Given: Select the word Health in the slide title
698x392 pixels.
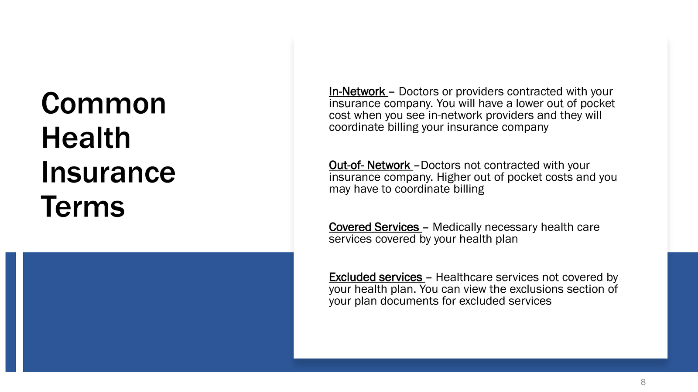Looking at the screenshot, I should coord(86,138).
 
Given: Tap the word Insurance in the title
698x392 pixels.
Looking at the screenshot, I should coord(108,172).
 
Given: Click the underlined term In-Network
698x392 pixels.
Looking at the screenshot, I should coord(357,92).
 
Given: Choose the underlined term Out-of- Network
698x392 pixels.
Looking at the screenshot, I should coord(370,166).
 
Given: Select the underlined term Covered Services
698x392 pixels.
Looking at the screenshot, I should coord(374,227).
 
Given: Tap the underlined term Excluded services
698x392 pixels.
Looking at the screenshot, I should coord(376,277).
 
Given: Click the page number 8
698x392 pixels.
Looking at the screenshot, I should coord(643,382).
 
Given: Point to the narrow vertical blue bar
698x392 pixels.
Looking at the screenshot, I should coord(10,312).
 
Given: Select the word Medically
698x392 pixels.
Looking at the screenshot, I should coord(457,227).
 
